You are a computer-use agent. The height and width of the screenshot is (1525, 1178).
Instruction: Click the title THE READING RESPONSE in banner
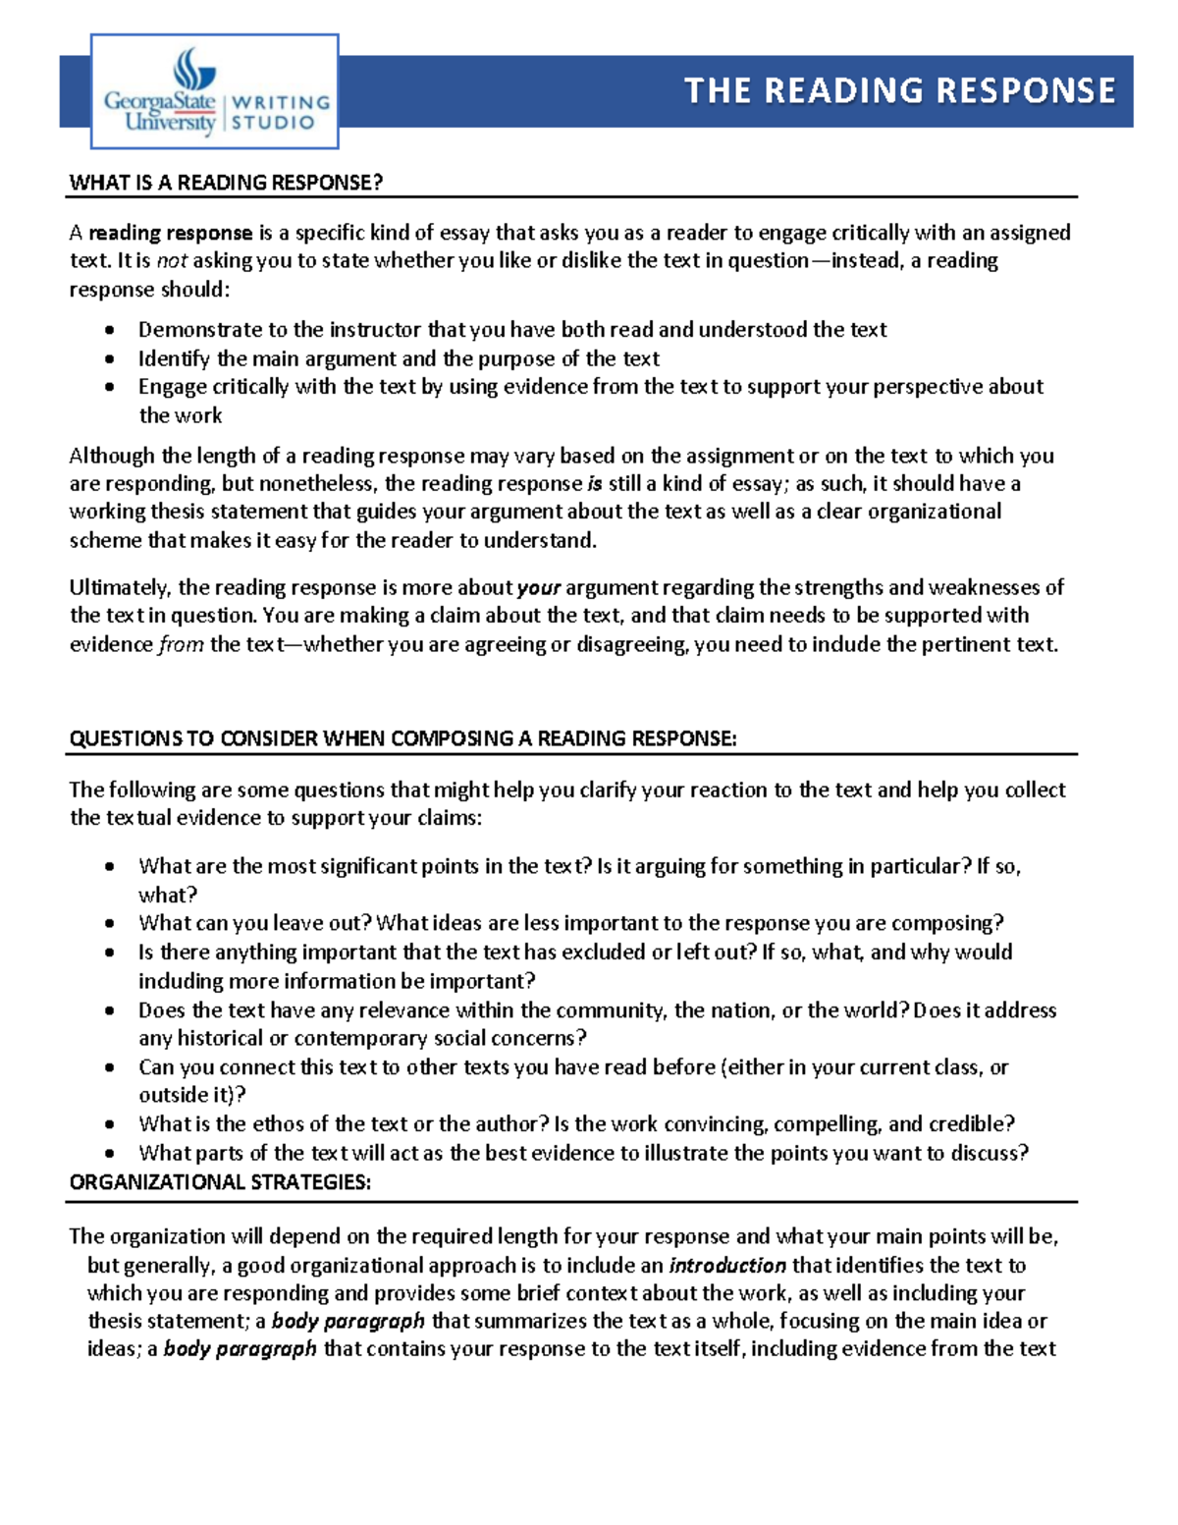[899, 90]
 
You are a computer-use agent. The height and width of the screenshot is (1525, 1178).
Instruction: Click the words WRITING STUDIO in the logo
[279, 112]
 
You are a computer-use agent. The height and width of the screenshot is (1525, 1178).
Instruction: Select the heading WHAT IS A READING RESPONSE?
[226, 183]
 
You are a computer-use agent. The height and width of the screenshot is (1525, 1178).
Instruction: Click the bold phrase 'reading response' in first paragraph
[171, 233]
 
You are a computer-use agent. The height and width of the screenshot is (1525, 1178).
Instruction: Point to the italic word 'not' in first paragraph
[172, 261]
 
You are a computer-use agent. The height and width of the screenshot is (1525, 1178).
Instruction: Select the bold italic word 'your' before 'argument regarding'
[538, 588]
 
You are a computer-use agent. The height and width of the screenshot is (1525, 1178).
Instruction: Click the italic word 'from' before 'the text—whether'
[181, 645]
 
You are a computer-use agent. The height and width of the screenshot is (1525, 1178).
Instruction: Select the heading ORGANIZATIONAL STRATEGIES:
[220, 1182]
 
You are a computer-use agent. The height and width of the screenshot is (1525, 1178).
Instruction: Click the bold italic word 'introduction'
[727, 1266]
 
